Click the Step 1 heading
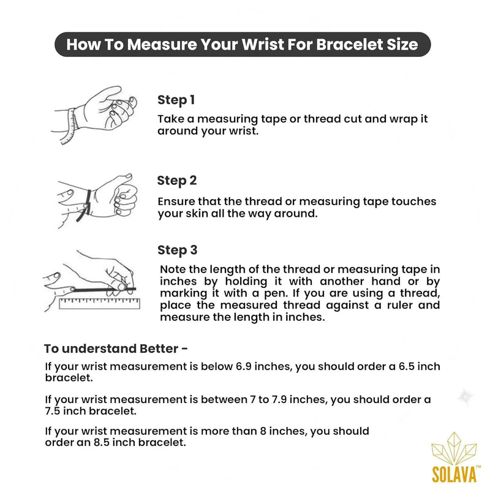point(176,100)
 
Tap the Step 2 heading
point(177,181)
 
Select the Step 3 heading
point(177,250)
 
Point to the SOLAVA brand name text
point(454,474)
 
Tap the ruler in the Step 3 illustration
point(99,303)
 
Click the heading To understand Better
point(116,349)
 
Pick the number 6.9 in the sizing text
point(243,366)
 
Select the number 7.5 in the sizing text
point(53,410)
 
